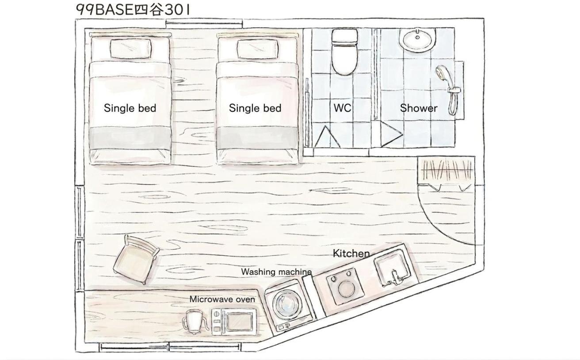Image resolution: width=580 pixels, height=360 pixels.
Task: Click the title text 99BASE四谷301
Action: coord(133,10)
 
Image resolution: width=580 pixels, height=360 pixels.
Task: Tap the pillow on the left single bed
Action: coord(131,49)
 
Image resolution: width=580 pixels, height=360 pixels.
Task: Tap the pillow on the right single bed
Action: coord(258,49)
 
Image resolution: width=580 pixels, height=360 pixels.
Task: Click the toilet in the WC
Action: coord(345,52)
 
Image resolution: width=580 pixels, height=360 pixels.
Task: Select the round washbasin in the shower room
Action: coord(417,40)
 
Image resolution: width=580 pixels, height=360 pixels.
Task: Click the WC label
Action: coord(342,108)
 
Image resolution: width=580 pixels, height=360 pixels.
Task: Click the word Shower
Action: coord(419,108)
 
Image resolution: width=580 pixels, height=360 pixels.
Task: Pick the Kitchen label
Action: coord(351,254)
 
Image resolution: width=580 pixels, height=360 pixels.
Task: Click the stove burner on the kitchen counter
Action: coord(345,288)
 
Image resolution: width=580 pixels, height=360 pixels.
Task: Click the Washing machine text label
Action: coord(276,272)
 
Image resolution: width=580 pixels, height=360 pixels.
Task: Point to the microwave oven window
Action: coord(239,322)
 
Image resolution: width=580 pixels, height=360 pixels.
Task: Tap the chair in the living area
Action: coord(136,260)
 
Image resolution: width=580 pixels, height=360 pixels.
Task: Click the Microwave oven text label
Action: coord(222,299)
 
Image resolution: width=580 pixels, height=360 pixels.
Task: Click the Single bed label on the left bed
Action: coord(130,108)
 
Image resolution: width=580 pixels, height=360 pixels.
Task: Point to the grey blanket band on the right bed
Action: coord(258,138)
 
